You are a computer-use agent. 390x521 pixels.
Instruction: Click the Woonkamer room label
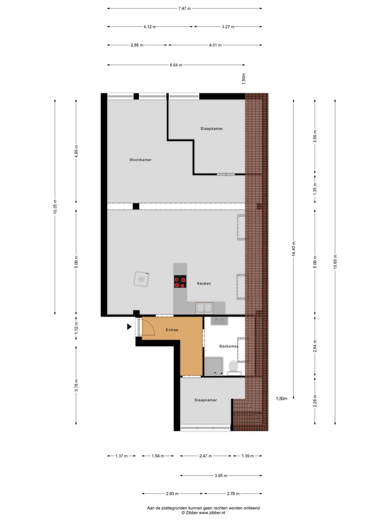click(140, 160)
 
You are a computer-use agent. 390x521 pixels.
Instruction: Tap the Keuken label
click(204, 283)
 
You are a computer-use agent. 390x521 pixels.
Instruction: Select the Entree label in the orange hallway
click(172, 330)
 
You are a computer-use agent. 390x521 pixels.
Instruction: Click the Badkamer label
click(229, 346)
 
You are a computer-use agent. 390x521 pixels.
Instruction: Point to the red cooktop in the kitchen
click(180, 282)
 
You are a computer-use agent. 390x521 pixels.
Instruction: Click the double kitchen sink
click(204, 308)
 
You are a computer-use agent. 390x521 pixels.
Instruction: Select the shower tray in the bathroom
click(214, 366)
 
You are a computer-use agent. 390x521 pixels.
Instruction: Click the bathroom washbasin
click(219, 321)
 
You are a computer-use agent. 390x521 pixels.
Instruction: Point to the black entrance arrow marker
click(129, 327)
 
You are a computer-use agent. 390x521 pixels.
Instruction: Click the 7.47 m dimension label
click(184, 8)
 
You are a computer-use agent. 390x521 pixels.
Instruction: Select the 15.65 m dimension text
click(335, 262)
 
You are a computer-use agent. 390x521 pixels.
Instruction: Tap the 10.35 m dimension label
click(55, 207)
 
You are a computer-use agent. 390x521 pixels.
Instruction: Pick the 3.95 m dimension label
click(221, 475)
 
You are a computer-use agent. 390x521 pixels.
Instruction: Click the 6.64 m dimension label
click(176, 65)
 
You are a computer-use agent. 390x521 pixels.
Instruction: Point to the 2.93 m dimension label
click(172, 494)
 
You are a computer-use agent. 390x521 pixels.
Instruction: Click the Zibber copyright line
click(203, 513)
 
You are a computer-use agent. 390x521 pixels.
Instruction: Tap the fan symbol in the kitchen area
click(141, 279)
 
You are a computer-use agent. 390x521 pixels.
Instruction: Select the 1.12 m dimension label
click(76, 328)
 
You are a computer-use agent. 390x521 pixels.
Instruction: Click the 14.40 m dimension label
click(294, 249)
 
